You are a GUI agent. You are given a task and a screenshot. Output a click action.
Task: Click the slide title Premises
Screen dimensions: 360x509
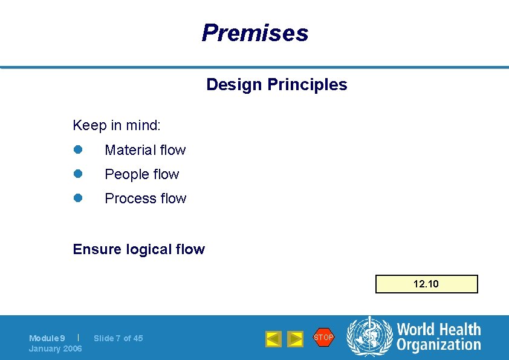254,33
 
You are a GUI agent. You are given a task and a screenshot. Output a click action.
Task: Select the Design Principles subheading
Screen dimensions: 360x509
276,85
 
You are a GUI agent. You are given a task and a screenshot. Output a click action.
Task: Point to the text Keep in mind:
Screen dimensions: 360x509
117,125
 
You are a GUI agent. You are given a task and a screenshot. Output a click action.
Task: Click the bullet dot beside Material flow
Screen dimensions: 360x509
77,149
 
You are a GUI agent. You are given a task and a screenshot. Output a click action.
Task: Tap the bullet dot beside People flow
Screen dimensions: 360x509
77,174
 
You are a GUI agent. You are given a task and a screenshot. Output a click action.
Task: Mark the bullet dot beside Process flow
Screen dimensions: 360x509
77,198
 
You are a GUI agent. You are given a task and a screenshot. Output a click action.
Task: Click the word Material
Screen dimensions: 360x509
128,150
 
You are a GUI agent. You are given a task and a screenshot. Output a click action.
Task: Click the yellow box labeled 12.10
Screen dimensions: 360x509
426,284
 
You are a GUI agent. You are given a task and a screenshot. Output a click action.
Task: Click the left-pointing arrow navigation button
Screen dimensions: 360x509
273,339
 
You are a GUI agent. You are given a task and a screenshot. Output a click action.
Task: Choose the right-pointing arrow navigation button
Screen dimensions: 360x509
295,339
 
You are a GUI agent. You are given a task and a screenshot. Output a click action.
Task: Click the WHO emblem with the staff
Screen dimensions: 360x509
369,337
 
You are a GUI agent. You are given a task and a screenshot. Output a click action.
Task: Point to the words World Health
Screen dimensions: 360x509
438,330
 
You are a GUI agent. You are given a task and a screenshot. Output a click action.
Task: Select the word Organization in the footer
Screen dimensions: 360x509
438,345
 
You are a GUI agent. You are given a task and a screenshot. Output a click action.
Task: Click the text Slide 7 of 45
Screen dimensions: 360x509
118,338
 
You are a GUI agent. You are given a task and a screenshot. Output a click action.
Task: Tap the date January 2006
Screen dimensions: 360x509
56,349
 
